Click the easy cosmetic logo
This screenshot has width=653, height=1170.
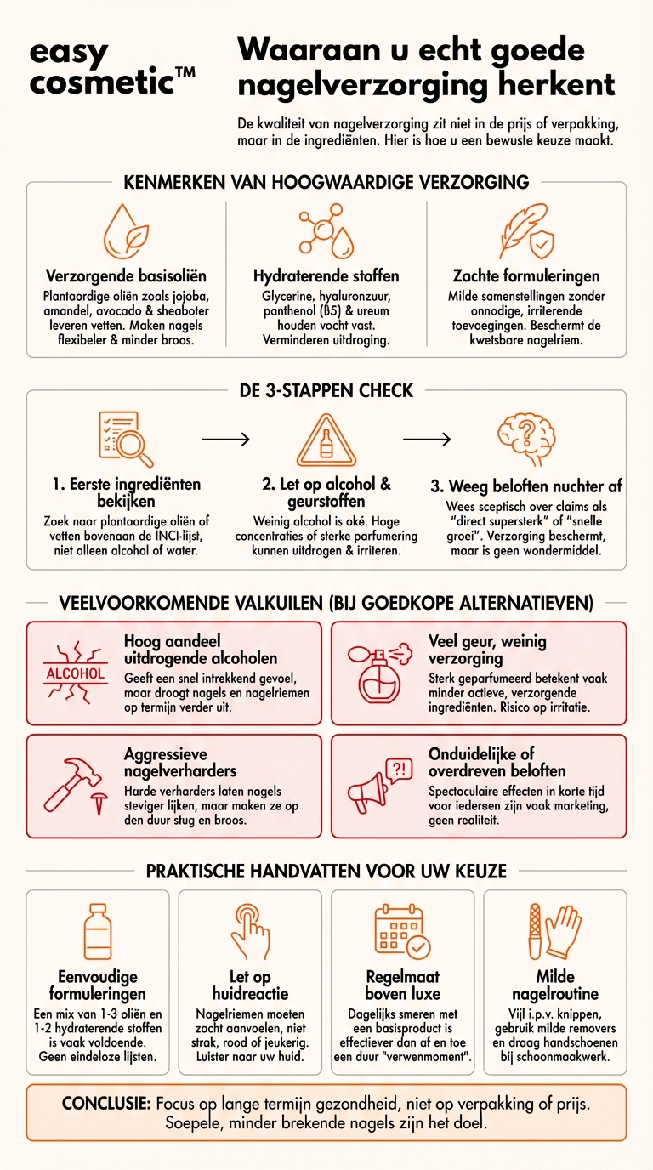[x=111, y=66]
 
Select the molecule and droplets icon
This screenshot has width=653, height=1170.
[x=326, y=230]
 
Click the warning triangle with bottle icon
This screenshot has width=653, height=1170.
[x=326, y=440]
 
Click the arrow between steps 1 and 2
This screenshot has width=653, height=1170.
[x=225, y=440]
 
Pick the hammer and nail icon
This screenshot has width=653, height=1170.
[x=75, y=786]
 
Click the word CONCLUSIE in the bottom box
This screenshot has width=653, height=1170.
[x=106, y=1103]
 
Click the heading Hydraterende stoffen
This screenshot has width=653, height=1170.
[x=326, y=275]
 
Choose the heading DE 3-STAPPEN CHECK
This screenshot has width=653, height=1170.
[x=326, y=390]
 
